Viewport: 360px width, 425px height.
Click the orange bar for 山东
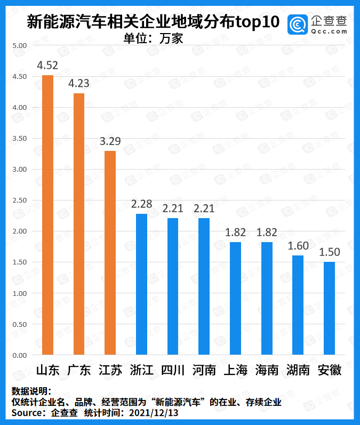pos(47,215)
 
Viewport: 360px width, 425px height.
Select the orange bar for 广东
pos(79,224)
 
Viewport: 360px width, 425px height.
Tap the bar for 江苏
pos(110,253)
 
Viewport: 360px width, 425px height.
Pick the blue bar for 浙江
pos(141,284)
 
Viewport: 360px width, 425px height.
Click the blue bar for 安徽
pos(329,308)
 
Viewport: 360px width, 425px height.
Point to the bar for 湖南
pos(298,305)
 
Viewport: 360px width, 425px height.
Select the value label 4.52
pos(47,65)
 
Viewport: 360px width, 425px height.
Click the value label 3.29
pos(110,141)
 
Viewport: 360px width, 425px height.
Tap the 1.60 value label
pos(298,246)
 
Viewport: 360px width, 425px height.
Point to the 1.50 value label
pos(329,252)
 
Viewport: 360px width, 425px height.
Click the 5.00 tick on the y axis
pos(19,46)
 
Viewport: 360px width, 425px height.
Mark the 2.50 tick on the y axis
pos(19,201)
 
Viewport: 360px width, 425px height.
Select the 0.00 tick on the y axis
pos(19,355)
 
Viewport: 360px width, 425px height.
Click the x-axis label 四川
pos(172,370)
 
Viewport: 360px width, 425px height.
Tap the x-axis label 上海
pos(235,370)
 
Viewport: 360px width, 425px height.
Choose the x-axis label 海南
pos(267,370)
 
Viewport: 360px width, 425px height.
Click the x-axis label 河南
pos(204,370)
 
